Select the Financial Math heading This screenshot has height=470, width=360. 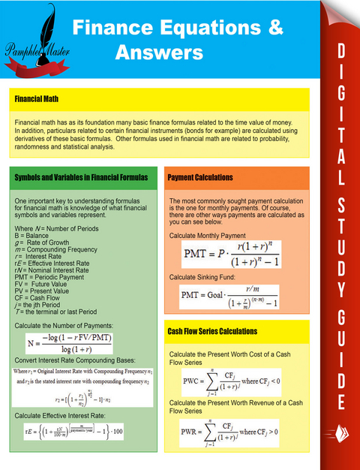coord(37,98)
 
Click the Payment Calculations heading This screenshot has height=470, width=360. coord(200,177)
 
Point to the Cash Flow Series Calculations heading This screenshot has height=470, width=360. coord(212,331)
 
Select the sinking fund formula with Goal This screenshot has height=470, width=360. coord(228,300)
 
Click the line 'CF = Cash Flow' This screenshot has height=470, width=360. coord(39,298)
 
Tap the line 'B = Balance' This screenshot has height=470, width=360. coord(32,236)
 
